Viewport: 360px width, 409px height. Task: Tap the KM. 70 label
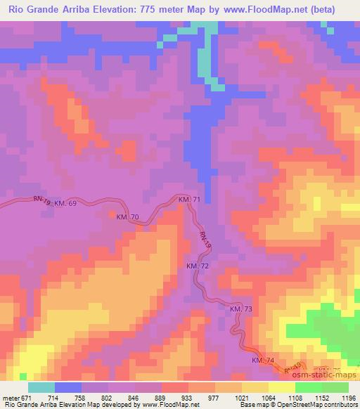point(127,217)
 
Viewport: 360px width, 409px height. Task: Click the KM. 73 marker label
point(240,309)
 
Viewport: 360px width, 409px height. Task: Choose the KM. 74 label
point(263,361)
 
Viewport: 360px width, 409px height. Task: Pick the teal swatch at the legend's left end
point(41,387)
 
